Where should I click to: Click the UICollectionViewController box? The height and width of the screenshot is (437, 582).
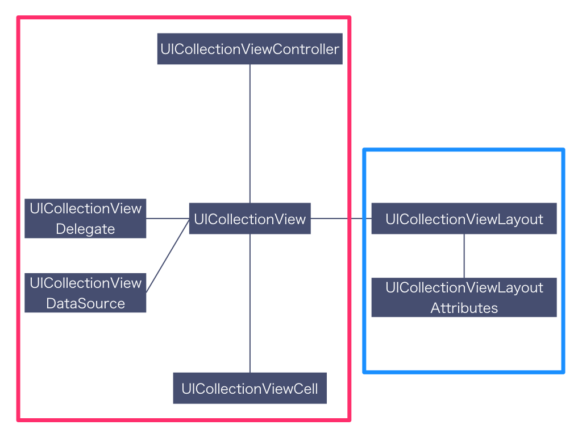click(x=250, y=49)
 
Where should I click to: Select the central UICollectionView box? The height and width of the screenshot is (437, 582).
click(x=250, y=218)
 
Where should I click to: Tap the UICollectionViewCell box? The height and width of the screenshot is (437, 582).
click(x=250, y=389)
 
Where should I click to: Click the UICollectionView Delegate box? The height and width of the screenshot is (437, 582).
click(x=85, y=218)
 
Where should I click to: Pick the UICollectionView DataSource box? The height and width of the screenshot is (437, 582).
click(x=85, y=292)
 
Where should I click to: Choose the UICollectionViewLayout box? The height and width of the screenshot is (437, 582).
click(x=464, y=218)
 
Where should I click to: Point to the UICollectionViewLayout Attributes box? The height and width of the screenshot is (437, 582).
click(x=464, y=297)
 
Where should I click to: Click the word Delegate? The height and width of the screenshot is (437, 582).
click(x=85, y=229)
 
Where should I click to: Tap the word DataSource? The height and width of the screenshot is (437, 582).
click(x=85, y=303)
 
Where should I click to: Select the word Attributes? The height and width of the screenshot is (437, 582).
click(x=464, y=308)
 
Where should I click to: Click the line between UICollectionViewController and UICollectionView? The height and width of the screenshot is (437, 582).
click(x=250, y=134)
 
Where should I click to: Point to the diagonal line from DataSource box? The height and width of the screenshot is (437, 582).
click(x=168, y=255)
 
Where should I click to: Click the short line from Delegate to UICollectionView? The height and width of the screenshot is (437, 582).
click(x=168, y=218)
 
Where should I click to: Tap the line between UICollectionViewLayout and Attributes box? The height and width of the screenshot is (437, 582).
click(x=464, y=255)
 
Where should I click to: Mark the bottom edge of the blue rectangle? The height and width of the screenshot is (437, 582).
click(x=464, y=372)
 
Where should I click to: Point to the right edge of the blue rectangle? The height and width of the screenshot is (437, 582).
click(x=563, y=261)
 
